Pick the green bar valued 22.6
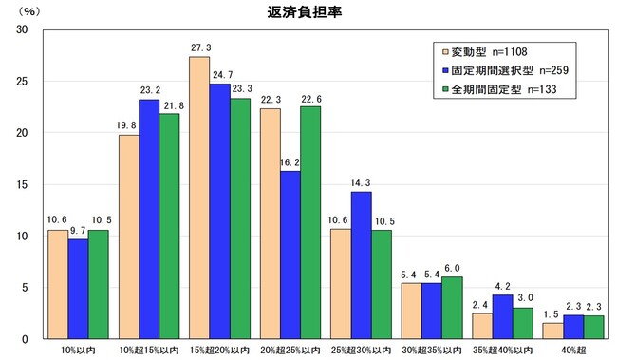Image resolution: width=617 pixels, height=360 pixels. tap(310, 222)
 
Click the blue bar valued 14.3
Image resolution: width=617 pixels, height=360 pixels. tap(360, 265)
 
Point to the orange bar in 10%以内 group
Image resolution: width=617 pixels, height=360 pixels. tap(58, 284)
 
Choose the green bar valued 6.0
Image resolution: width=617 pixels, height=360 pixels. tap(452, 308)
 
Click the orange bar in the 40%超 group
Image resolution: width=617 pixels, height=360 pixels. tap(552, 331)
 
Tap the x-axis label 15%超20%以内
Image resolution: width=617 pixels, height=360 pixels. tap(219, 351)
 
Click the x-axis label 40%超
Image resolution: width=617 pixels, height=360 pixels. tap(572, 351)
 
